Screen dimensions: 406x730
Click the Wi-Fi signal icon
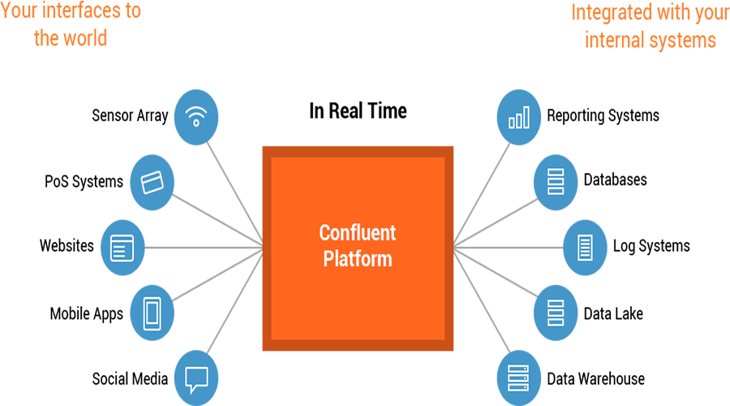(x=195, y=116)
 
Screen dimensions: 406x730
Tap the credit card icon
(x=152, y=182)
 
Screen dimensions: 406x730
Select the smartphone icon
(x=152, y=313)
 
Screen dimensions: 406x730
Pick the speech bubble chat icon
(x=195, y=379)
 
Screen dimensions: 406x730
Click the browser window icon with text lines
(x=122, y=247)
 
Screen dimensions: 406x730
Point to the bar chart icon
(x=518, y=118)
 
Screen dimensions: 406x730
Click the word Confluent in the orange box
(x=357, y=233)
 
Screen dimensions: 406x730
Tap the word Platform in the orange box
(x=357, y=259)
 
